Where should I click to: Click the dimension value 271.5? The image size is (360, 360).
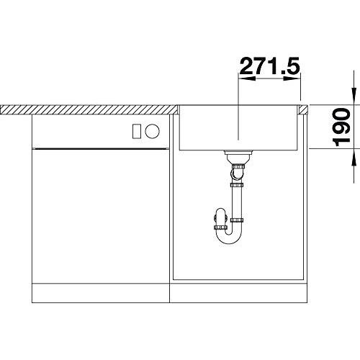(x=270, y=66)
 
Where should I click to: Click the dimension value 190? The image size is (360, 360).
(x=341, y=127)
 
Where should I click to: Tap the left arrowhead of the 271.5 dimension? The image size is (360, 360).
(x=247, y=78)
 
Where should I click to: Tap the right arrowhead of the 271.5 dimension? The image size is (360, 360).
(x=292, y=78)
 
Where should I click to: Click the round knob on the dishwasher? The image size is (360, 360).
(x=152, y=131)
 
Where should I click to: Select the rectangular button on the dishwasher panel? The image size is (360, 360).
(x=137, y=131)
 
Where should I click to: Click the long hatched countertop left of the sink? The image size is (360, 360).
(x=89, y=109)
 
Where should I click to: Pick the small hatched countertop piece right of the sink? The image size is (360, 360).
(x=303, y=109)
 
